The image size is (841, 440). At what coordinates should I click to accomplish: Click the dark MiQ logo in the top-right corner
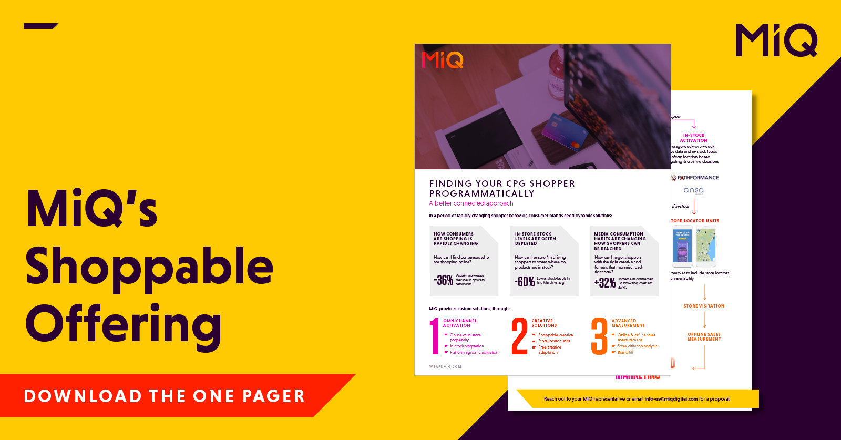(x=776, y=40)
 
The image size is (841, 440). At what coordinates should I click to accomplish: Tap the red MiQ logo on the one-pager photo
(x=443, y=60)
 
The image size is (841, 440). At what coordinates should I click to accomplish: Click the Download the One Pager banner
(x=164, y=396)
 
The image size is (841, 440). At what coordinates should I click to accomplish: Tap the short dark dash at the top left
(x=40, y=26)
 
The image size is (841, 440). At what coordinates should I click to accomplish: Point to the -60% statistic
(x=525, y=282)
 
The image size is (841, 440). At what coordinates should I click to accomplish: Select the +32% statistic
(x=605, y=283)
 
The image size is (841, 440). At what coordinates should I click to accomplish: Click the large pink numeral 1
(x=434, y=336)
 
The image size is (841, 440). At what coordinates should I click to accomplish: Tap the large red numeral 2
(x=519, y=336)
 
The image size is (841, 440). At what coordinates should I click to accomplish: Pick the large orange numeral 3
(x=599, y=336)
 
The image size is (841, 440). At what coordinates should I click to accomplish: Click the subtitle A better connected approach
(x=471, y=203)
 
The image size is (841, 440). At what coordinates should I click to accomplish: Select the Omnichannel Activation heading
(x=460, y=323)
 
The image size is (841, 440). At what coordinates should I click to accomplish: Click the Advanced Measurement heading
(x=628, y=323)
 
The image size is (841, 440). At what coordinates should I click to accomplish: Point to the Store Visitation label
(x=704, y=306)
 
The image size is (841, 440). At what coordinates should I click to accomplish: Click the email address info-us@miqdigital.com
(x=671, y=399)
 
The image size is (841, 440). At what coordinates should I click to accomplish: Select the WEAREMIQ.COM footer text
(x=445, y=367)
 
